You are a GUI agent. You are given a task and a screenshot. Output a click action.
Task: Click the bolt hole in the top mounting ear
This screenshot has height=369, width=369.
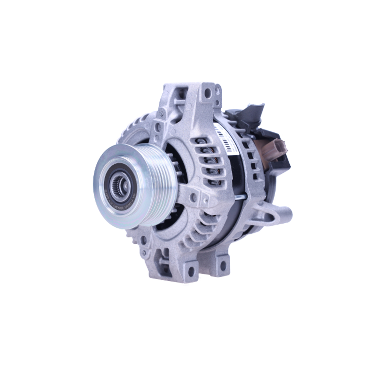[x=208, y=93]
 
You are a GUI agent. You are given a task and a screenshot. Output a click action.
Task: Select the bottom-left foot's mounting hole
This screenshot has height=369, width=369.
[x=191, y=272]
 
